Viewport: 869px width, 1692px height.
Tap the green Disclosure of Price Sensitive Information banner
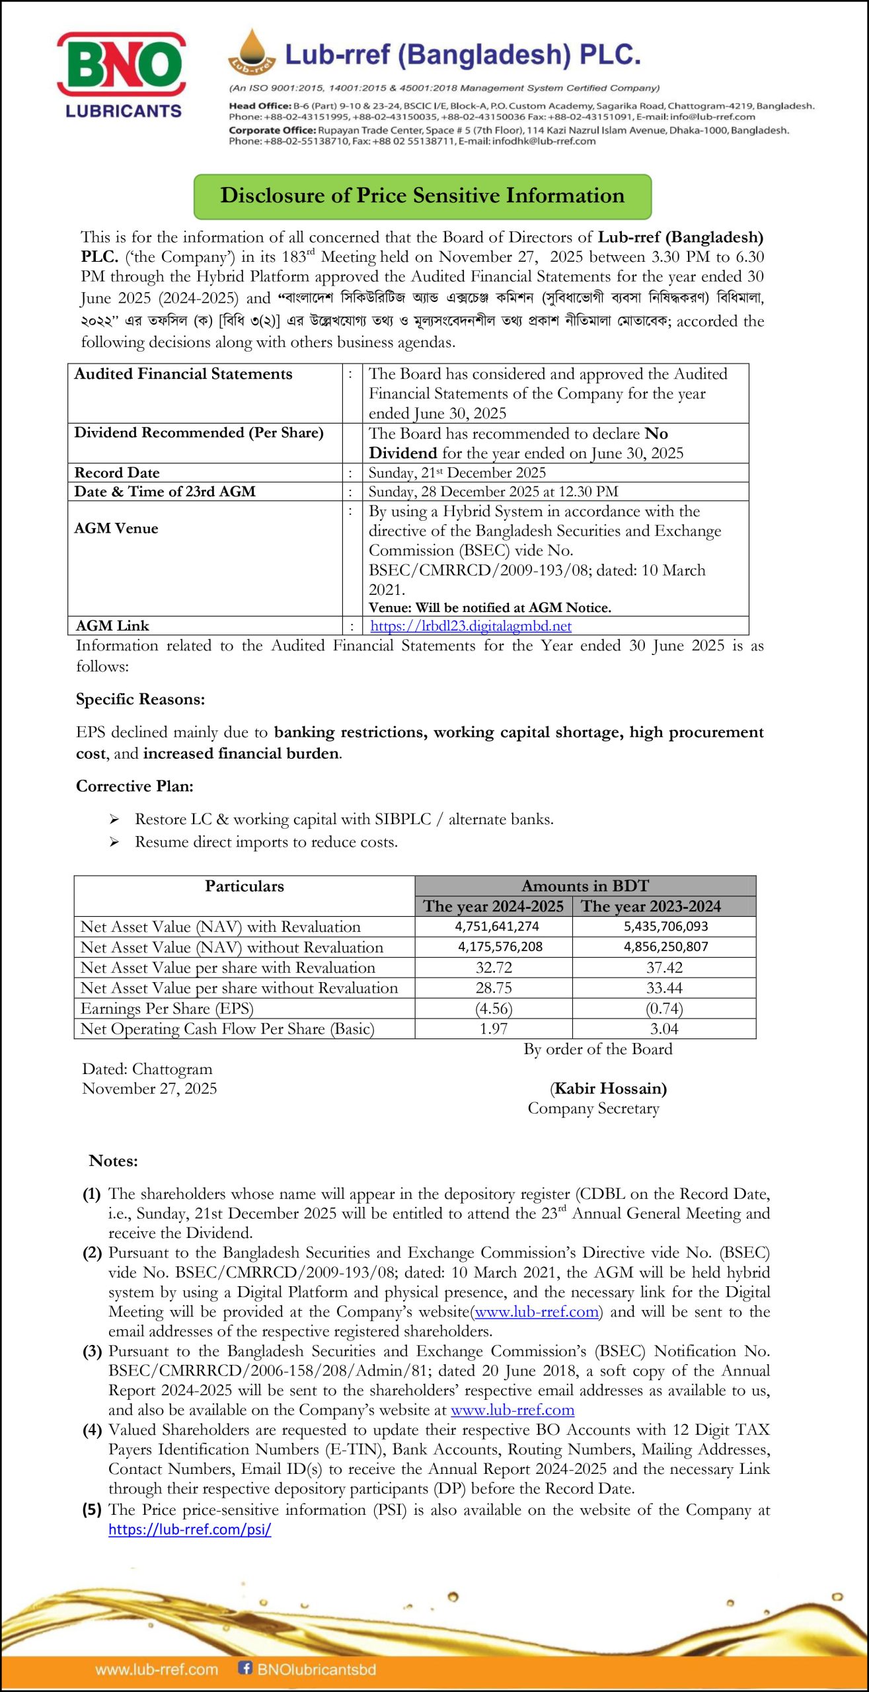[422, 196]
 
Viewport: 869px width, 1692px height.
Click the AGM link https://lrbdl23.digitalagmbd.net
[471, 626]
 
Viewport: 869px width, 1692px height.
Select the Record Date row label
[117, 473]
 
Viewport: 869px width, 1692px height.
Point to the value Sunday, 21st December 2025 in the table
[457, 473]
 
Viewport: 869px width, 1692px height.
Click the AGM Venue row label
[116, 528]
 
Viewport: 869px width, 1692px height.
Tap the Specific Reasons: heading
[140, 699]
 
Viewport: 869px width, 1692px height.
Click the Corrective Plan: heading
[135, 786]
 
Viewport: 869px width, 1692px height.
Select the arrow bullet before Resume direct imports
[114, 842]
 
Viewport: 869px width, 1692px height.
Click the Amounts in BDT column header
[585, 886]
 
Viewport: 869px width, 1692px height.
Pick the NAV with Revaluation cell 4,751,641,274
[496, 927]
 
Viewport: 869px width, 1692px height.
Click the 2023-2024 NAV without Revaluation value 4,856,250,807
[665, 946]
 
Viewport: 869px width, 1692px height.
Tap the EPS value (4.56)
[494, 1009]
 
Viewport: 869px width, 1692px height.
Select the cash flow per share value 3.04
[664, 1029]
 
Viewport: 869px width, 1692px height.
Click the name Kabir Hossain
[609, 1089]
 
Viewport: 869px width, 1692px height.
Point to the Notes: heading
[113, 1161]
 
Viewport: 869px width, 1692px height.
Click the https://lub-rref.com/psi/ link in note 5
[190, 1529]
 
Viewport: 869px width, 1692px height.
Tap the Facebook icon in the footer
[245, 1668]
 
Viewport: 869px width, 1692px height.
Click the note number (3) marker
[92, 1351]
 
